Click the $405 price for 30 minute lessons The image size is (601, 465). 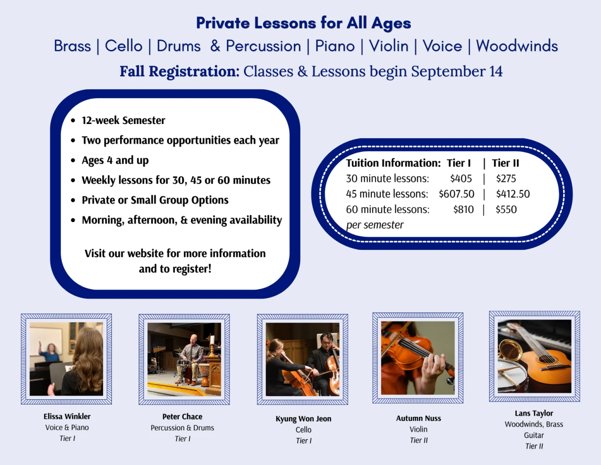461,179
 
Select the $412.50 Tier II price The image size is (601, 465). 513,194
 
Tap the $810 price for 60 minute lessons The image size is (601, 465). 463,210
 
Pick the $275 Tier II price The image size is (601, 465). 506,179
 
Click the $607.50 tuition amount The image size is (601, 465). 456,194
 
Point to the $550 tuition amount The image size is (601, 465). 506,210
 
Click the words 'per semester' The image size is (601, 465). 374,225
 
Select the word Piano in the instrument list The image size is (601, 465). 335,46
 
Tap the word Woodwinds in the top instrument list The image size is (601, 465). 517,46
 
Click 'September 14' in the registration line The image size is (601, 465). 457,72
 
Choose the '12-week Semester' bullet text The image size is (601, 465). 123,121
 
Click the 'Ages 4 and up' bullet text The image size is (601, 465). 115,161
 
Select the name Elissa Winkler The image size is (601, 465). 67,416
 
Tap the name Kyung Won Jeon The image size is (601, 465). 303,419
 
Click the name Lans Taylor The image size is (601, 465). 534,413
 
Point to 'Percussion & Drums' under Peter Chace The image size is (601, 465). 182,428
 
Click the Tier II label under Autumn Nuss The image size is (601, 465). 418,440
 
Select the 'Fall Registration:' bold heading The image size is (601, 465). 179,72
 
